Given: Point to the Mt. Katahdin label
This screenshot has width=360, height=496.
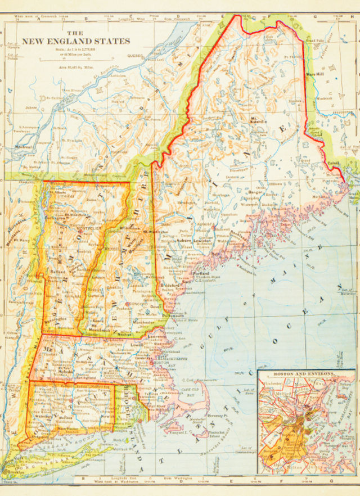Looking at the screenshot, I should pos(259,120).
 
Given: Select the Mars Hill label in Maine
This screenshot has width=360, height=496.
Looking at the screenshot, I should pos(314,74).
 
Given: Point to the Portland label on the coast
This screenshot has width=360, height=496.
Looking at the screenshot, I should pos(201,274).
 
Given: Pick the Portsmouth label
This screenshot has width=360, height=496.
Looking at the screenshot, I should pos(173,316).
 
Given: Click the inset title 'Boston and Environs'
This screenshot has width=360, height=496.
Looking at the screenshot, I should pos(304,373).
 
